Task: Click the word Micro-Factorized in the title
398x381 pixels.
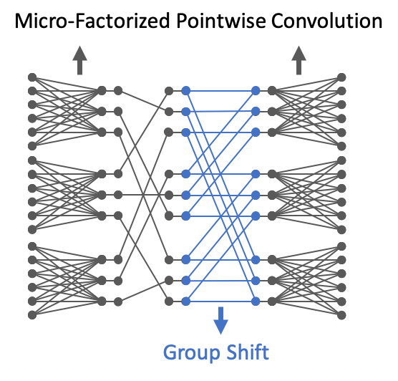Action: click(92, 21)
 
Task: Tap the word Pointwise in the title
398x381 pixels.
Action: click(220, 21)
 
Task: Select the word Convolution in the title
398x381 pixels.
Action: click(326, 21)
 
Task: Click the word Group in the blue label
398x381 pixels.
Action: click(192, 353)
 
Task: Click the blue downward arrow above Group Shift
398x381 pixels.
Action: click(220, 321)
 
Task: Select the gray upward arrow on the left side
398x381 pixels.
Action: click(79, 60)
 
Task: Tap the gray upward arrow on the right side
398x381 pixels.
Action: click(298, 60)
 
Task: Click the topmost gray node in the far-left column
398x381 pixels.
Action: click(32, 77)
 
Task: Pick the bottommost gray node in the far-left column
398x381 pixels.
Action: click(32, 315)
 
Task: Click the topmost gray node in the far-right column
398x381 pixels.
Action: click(341, 77)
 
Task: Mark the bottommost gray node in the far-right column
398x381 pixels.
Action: click(341, 315)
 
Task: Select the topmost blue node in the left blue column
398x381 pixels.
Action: click(186, 91)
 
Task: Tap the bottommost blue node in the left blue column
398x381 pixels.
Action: click(186, 302)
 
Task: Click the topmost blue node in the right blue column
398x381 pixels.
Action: click(256, 91)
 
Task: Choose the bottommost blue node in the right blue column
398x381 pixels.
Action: click(256, 302)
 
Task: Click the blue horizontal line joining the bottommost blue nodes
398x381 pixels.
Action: click(220, 302)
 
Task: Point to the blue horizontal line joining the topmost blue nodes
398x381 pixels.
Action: click(220, 91)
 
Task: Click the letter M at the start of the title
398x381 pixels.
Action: click(22, 21)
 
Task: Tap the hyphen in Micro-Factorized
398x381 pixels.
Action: click(72, 23)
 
